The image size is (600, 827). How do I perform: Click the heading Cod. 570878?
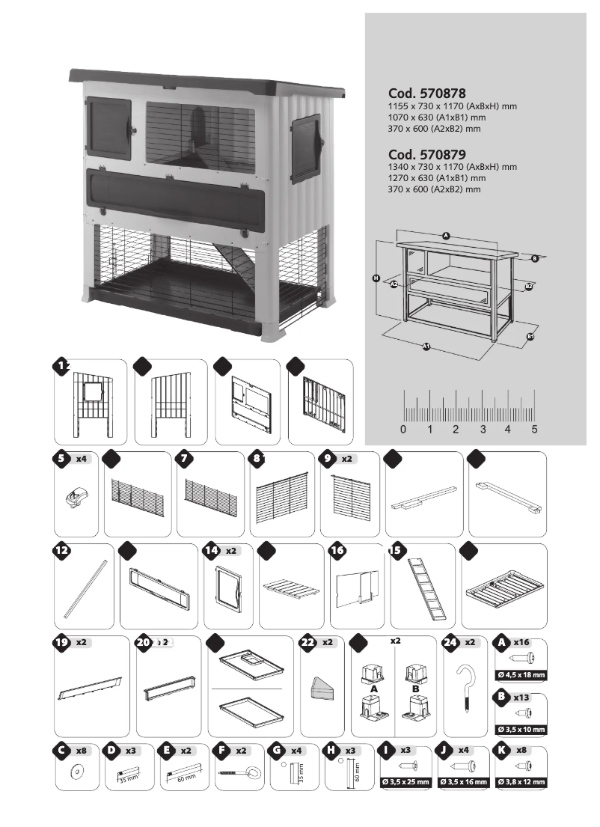pyautogui.click(x=427, y=94)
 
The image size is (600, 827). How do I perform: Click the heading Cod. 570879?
pyautogui.click(x=427, y=154)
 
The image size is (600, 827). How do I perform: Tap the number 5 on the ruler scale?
pyautogui.click(x=534, y=430)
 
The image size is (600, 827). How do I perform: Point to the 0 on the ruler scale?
pyautogui.click(x=403, y=430)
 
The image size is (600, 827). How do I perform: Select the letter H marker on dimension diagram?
pyautogui.click(x=376, y=278)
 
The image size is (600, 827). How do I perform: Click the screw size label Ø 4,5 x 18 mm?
pyautogui.click(x=522, y=675)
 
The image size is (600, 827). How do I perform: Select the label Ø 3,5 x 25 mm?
pyautogui.click(x=405, y=782)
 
